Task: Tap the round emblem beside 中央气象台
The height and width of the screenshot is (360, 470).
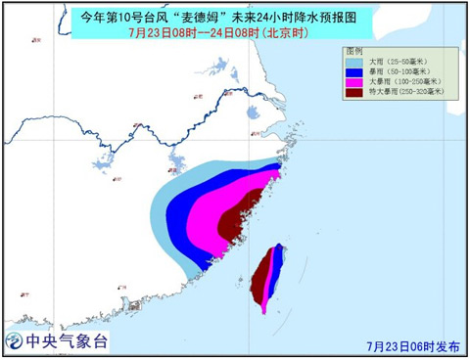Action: (16, 341)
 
